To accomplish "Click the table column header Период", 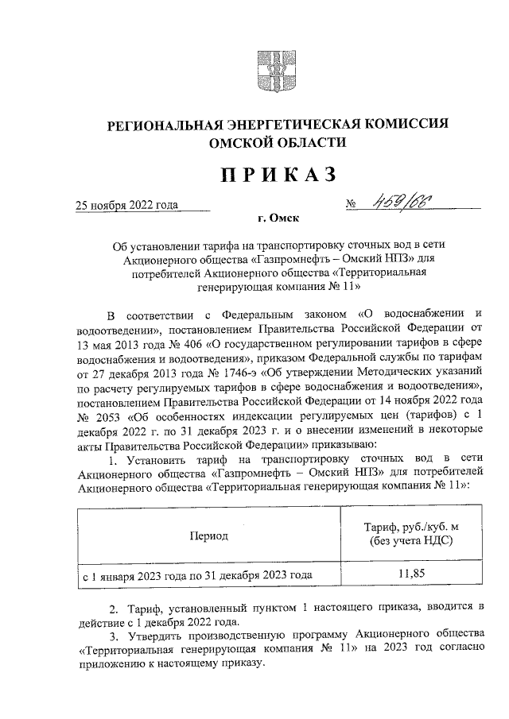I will [x=208, y=535].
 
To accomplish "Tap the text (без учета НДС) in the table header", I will [x=412, y=542].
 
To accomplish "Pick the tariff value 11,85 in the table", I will [x=412, y=573].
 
